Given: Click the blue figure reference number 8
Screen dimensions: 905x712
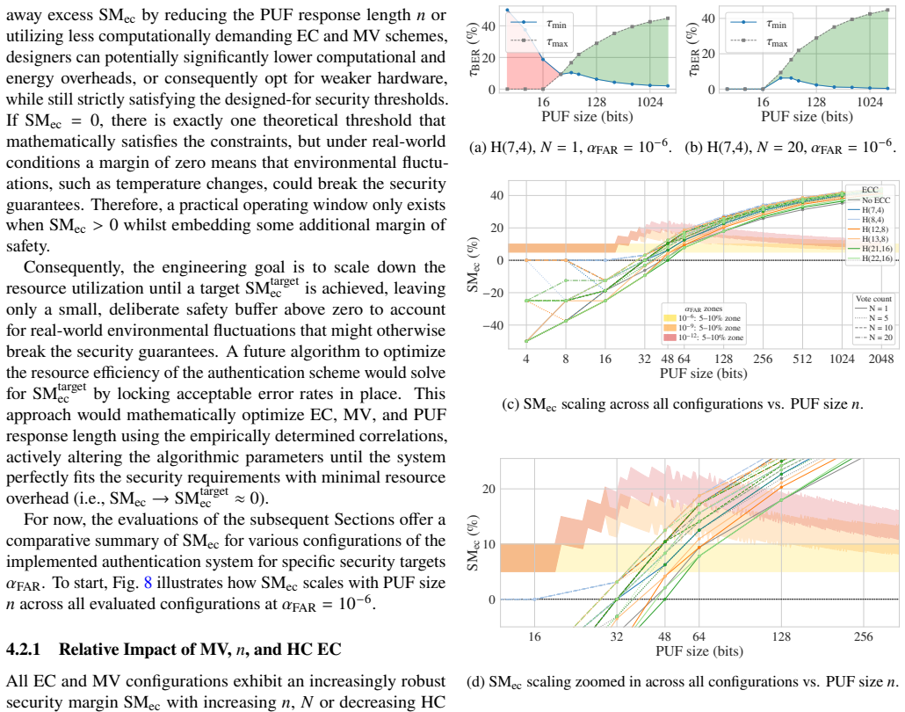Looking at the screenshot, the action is point(148,583).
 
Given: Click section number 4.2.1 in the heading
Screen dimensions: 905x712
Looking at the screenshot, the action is point(23,650).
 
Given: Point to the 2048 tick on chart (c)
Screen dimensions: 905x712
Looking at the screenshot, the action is point(880,359).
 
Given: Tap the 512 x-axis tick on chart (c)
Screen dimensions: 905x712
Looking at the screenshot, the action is point(802,359).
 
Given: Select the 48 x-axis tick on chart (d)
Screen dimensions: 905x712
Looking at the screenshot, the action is point(665,637).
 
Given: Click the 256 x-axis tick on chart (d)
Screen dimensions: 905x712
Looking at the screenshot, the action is point(864,637).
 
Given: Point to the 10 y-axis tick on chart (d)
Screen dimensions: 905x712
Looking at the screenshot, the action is point(489,544).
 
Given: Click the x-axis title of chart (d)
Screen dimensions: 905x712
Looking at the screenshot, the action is point(699,651).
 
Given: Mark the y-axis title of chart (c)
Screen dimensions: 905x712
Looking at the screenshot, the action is point(474,265).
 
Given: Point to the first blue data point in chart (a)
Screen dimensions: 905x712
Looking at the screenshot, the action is point(507,10).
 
